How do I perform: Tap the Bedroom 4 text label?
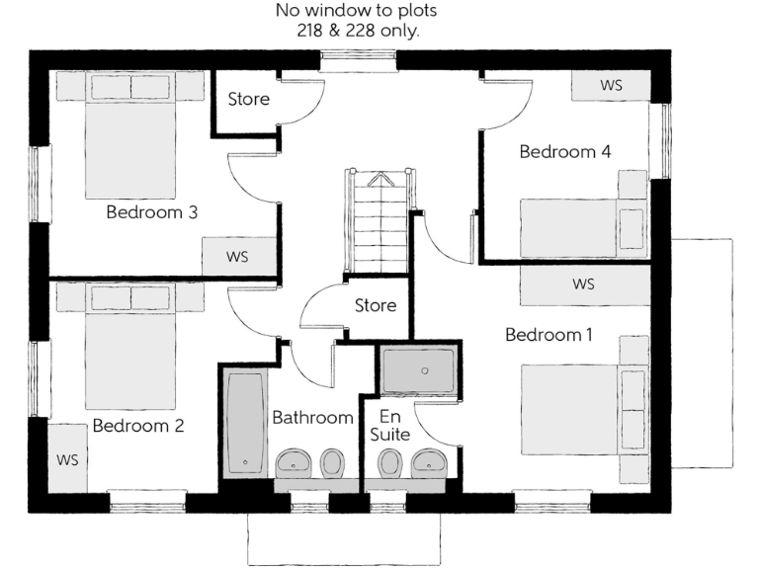click(565, 151)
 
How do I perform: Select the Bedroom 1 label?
click(548, 335)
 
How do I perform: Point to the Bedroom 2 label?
click(138, 427)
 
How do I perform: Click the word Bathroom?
click(312, 418)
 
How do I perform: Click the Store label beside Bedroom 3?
click(248, 99)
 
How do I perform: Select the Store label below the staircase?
click(376, 306)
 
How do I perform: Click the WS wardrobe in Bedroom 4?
click(611, 85)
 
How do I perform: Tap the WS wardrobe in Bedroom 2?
click(67, 459)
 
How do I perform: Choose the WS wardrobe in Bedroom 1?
click(583, 284)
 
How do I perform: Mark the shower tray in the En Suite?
click(419, 370)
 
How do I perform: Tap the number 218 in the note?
click(315, 31)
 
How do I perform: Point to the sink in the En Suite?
click(430, 461)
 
